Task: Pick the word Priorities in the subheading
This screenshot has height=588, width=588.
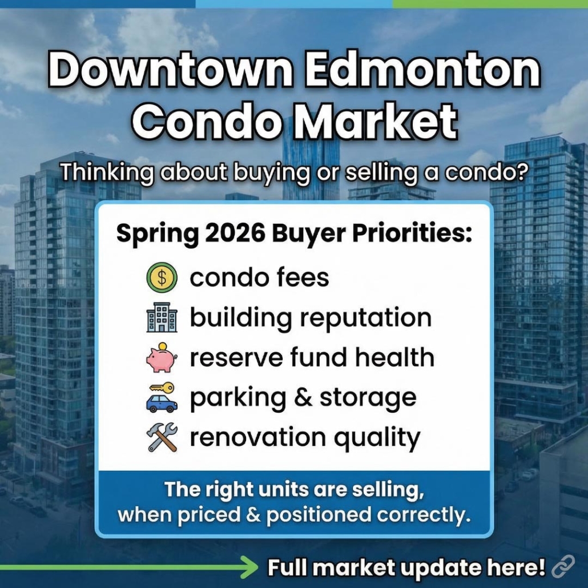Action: [x=413, y=235]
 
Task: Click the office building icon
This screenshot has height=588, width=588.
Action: [x=162, y=319]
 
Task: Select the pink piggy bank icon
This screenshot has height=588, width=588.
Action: [x=162, y=358]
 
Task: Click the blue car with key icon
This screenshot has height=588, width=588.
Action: [x=162, y=398]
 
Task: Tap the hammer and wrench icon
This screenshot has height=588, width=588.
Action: [x=162, y=438]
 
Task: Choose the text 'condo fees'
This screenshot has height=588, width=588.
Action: [x=259, y=278]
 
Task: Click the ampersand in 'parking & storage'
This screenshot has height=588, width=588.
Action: [x=300, y=397]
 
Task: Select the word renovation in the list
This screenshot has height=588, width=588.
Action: [x=257, y=437]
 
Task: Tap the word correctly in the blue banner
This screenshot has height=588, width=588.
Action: [x=424, y=515]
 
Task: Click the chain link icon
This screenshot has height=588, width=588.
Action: [x=562, y=567]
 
